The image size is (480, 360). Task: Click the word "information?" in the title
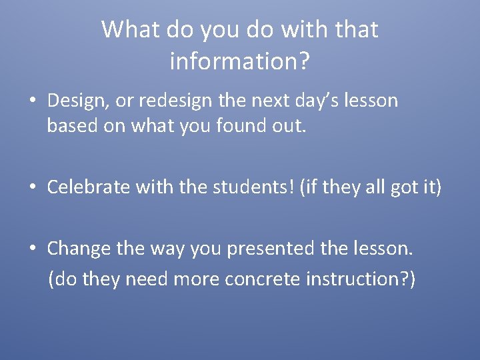pyautogui.click(x=239, y=61)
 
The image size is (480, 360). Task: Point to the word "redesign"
pyautogui.click(x=180, y=101)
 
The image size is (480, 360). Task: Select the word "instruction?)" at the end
pyautogui.click(x=361, y=279)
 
